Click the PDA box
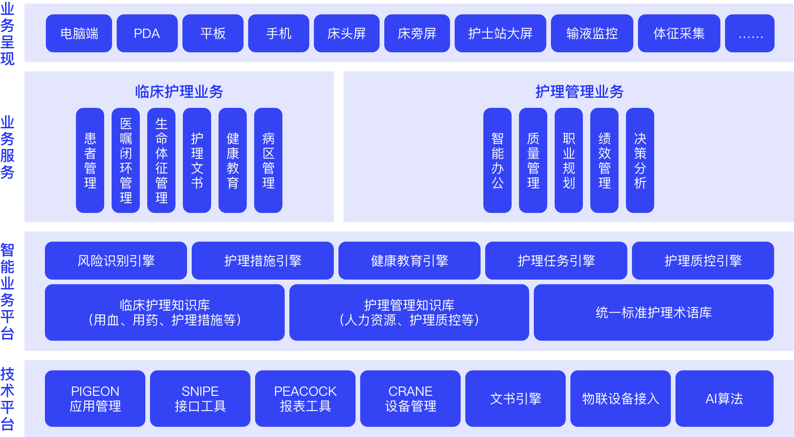[147, 33]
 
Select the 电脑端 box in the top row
[79, 33]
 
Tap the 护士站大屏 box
[500, 33]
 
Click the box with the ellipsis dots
[750, 33]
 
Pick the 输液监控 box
[592, 33]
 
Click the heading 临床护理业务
[179, 92]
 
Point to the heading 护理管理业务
[579, 92]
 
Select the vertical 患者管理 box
[90, 160]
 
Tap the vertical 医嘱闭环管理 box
[125, 160]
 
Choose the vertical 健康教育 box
[232, 160]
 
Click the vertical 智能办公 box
[497, 160]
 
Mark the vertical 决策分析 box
[640, 160]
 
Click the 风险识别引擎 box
[116, 261]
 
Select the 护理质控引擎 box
[703, 261]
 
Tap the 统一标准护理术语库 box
[653, 312]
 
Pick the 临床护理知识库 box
[164, 312]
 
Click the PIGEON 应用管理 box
[95, 399]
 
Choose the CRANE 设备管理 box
[410, 399]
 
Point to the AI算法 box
[724, 399]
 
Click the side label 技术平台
[7, 399]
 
